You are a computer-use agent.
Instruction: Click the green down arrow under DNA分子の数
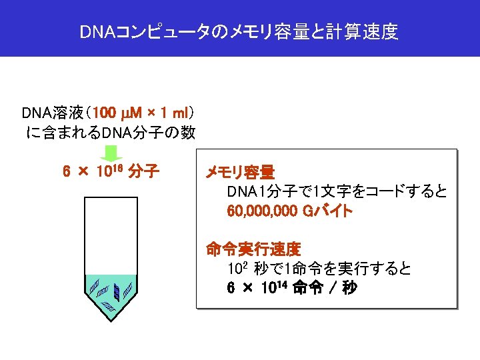coord(111,153)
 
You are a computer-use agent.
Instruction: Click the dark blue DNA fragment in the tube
coord(117,291)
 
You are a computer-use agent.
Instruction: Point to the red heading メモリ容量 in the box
coord(240,173)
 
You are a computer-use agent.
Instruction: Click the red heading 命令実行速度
coord(253,250)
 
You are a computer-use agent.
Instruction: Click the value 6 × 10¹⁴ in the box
coord(257,289)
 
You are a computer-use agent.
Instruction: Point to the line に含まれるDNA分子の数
coord(110,132)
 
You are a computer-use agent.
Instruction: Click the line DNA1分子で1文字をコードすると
coord(337,193)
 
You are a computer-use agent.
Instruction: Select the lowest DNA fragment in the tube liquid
coord(107,307)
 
